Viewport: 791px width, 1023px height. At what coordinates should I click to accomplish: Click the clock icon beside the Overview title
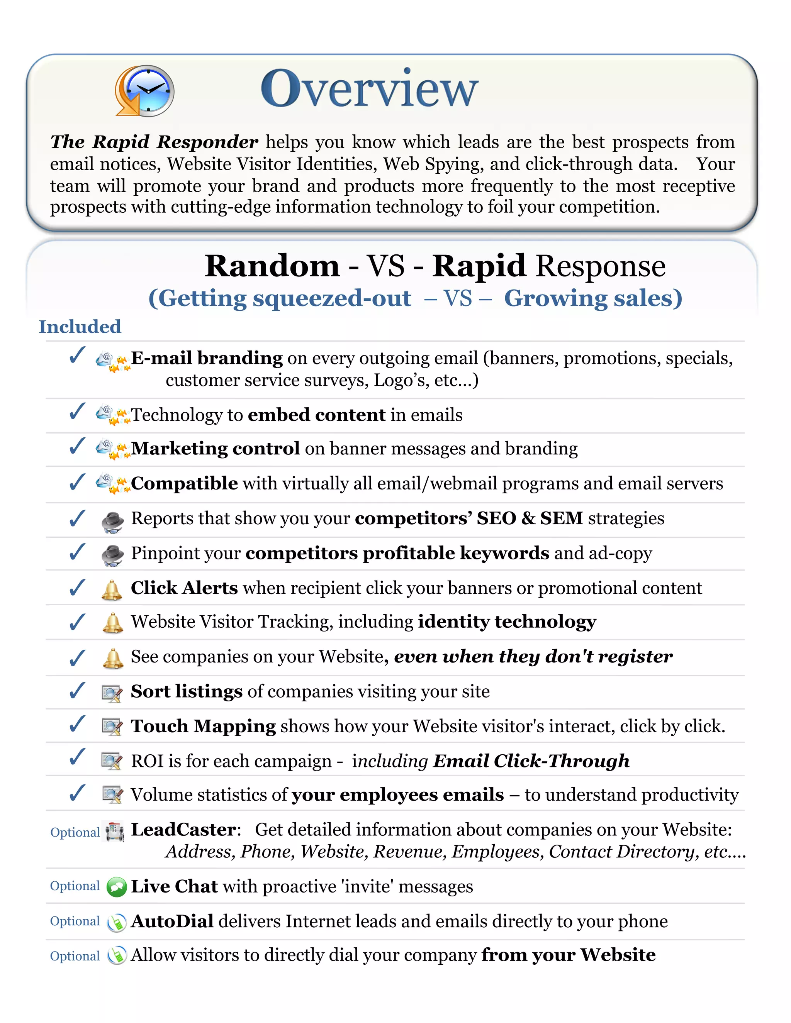tap(145, 91)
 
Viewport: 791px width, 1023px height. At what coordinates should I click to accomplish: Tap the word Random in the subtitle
tap(272, 266)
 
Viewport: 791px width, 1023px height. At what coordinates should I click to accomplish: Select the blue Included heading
tap(80, 327)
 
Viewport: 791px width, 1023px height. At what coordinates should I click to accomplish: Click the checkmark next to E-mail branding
tap(77, 356)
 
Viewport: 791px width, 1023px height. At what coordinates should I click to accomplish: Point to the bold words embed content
tap(317, 415)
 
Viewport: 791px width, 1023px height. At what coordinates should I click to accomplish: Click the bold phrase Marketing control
tap(215, 449)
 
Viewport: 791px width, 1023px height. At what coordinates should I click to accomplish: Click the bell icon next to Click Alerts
tap(112, 590)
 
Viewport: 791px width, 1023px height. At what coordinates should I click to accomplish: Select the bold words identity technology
tap(507, 622)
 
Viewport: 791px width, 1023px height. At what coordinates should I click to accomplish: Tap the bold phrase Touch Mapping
tap(203, 726)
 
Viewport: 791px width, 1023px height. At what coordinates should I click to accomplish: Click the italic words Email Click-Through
tap(531, 761)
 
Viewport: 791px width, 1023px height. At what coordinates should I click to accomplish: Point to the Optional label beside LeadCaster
tap(75, 832)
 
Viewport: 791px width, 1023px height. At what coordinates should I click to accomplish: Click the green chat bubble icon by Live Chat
tap(116, 887)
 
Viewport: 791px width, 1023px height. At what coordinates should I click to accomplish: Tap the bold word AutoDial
tap(172, 921)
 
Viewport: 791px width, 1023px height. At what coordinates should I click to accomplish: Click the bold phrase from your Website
tap(569, 955)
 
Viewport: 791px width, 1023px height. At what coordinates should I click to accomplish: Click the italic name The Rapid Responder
tap(154, 142)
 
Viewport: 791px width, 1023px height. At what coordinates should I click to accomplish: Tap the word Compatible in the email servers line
tap(184, 483)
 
